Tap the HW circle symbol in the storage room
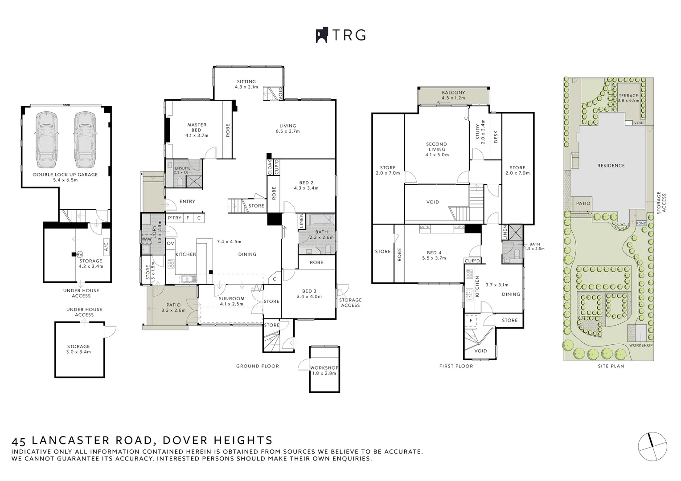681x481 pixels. click(x=80, y=254)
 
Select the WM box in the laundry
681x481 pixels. click(x=146, y=239)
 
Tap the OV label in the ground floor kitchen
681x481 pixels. click(x=170, y=243)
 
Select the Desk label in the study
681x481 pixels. click(x=496, y=137)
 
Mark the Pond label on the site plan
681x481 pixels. click(x=641, y=224)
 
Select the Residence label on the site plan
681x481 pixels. click(x=611, y=166)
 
